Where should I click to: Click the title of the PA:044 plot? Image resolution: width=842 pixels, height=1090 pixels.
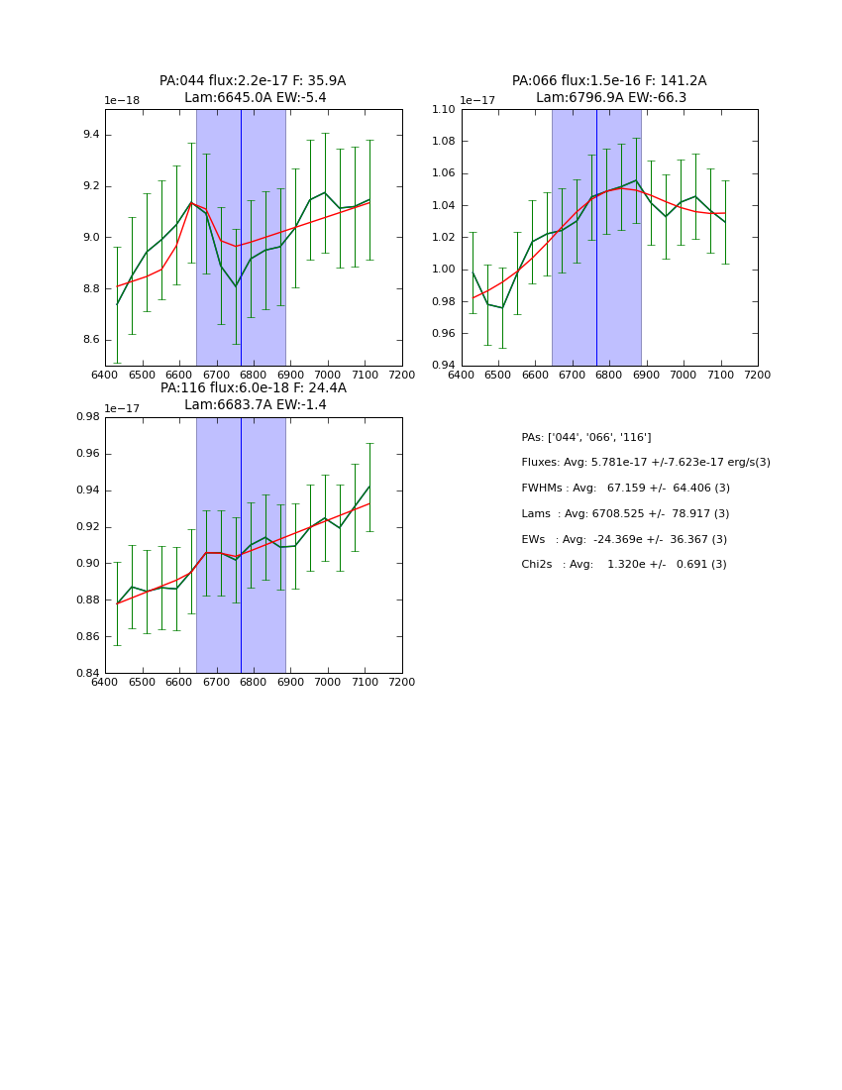(x=253, y=89)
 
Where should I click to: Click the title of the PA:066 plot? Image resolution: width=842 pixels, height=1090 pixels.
(x=609, y=89)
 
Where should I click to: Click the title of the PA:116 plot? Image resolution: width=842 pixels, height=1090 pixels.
(x=253, y=396)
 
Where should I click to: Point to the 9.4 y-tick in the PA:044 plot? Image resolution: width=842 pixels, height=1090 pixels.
(x=89, y=135)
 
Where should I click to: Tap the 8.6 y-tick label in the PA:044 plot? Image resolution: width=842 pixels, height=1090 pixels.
(x=89, y=340)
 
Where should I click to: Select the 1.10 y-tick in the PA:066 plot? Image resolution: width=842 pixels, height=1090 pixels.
(x=443, y=109)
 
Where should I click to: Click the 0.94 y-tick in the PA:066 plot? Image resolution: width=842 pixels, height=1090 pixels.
(x=443, y=366)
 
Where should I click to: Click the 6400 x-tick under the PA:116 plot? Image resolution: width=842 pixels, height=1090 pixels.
(x=105, y=683)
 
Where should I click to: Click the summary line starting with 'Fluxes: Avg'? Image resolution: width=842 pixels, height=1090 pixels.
(x=645, y=463)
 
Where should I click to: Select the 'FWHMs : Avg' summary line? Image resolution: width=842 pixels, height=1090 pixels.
(x=625, y=488)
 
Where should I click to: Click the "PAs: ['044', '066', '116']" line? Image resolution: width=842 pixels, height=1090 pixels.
(x=585, y=437)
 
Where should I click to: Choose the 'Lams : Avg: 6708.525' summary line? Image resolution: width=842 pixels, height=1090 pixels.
(x=625, y=513)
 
